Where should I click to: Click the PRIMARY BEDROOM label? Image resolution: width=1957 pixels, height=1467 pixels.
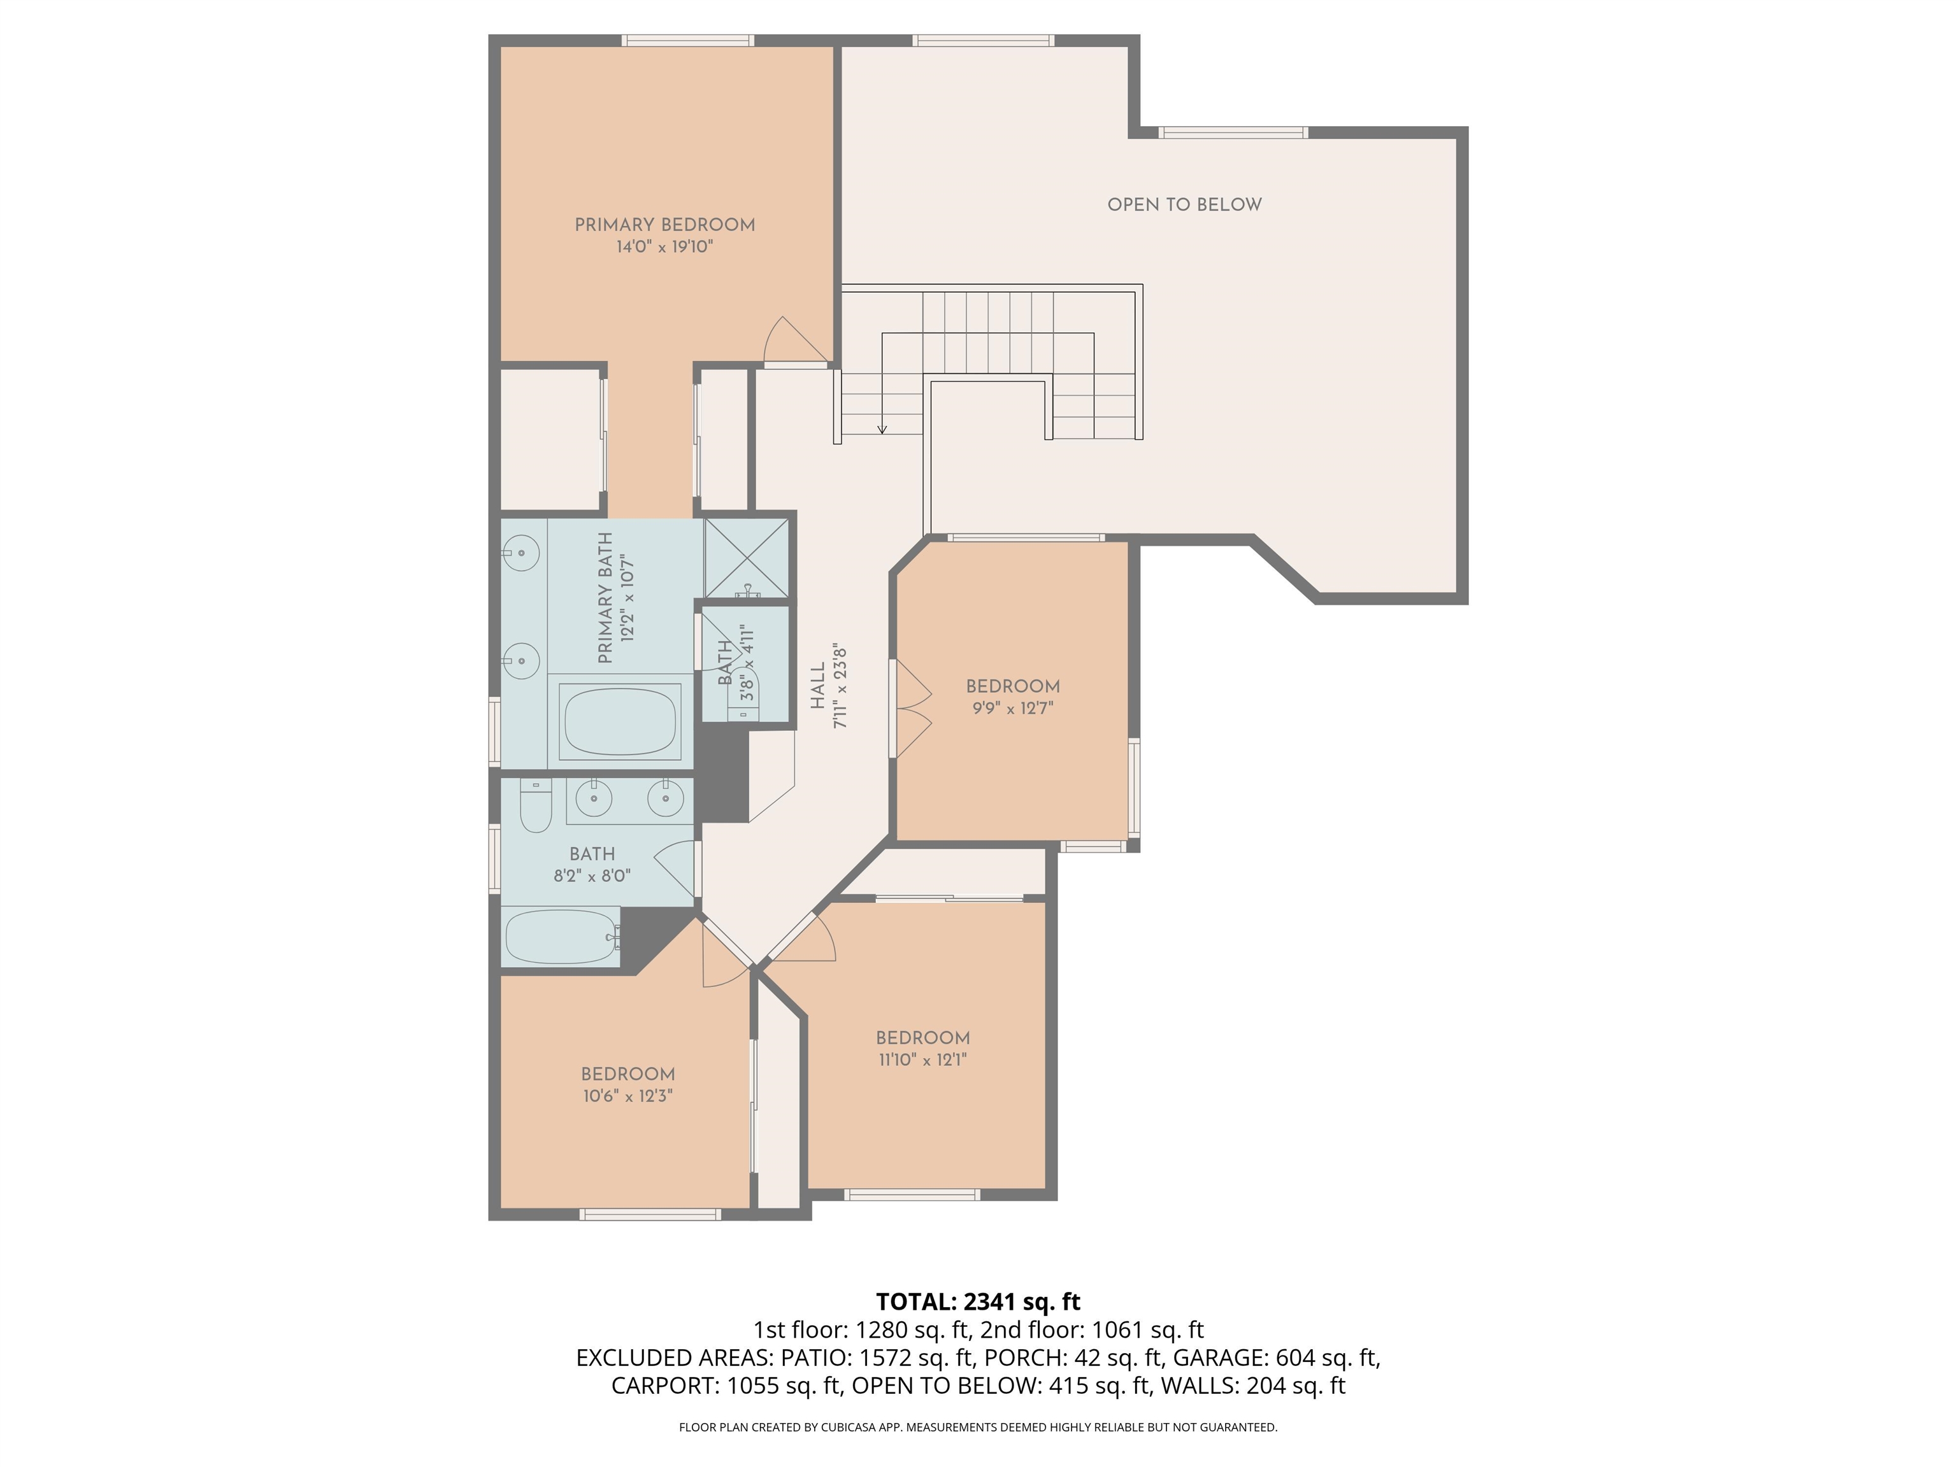[x=664, y=225]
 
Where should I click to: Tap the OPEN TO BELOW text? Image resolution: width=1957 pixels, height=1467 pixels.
[x=1185, y=204]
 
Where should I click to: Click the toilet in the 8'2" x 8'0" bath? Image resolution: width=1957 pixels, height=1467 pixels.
[x=535, y=805]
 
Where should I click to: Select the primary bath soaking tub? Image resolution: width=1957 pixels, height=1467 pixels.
[x=621, y=721]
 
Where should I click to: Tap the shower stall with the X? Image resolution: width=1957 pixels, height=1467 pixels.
[x=746, y=558]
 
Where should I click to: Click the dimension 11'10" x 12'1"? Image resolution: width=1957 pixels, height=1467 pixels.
[x=923, y=1059]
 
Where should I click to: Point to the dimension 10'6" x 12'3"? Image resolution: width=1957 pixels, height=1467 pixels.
[x=628, y=1096]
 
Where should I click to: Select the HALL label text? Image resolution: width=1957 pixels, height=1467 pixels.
[x=817, y=685]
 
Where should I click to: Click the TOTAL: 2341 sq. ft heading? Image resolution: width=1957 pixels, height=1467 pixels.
[x=978, y=1301]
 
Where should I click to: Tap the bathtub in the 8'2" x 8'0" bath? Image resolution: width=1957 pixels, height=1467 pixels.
[x=561, y=937]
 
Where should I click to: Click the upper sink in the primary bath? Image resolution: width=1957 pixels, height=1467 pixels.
[x=522, y=553]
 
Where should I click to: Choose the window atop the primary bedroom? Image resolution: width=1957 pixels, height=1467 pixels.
[x=687, y=39]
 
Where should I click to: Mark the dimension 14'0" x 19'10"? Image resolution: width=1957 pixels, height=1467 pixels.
[x=664, y=246]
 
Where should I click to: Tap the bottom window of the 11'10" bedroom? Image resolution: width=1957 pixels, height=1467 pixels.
[x=912, y=1194]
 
